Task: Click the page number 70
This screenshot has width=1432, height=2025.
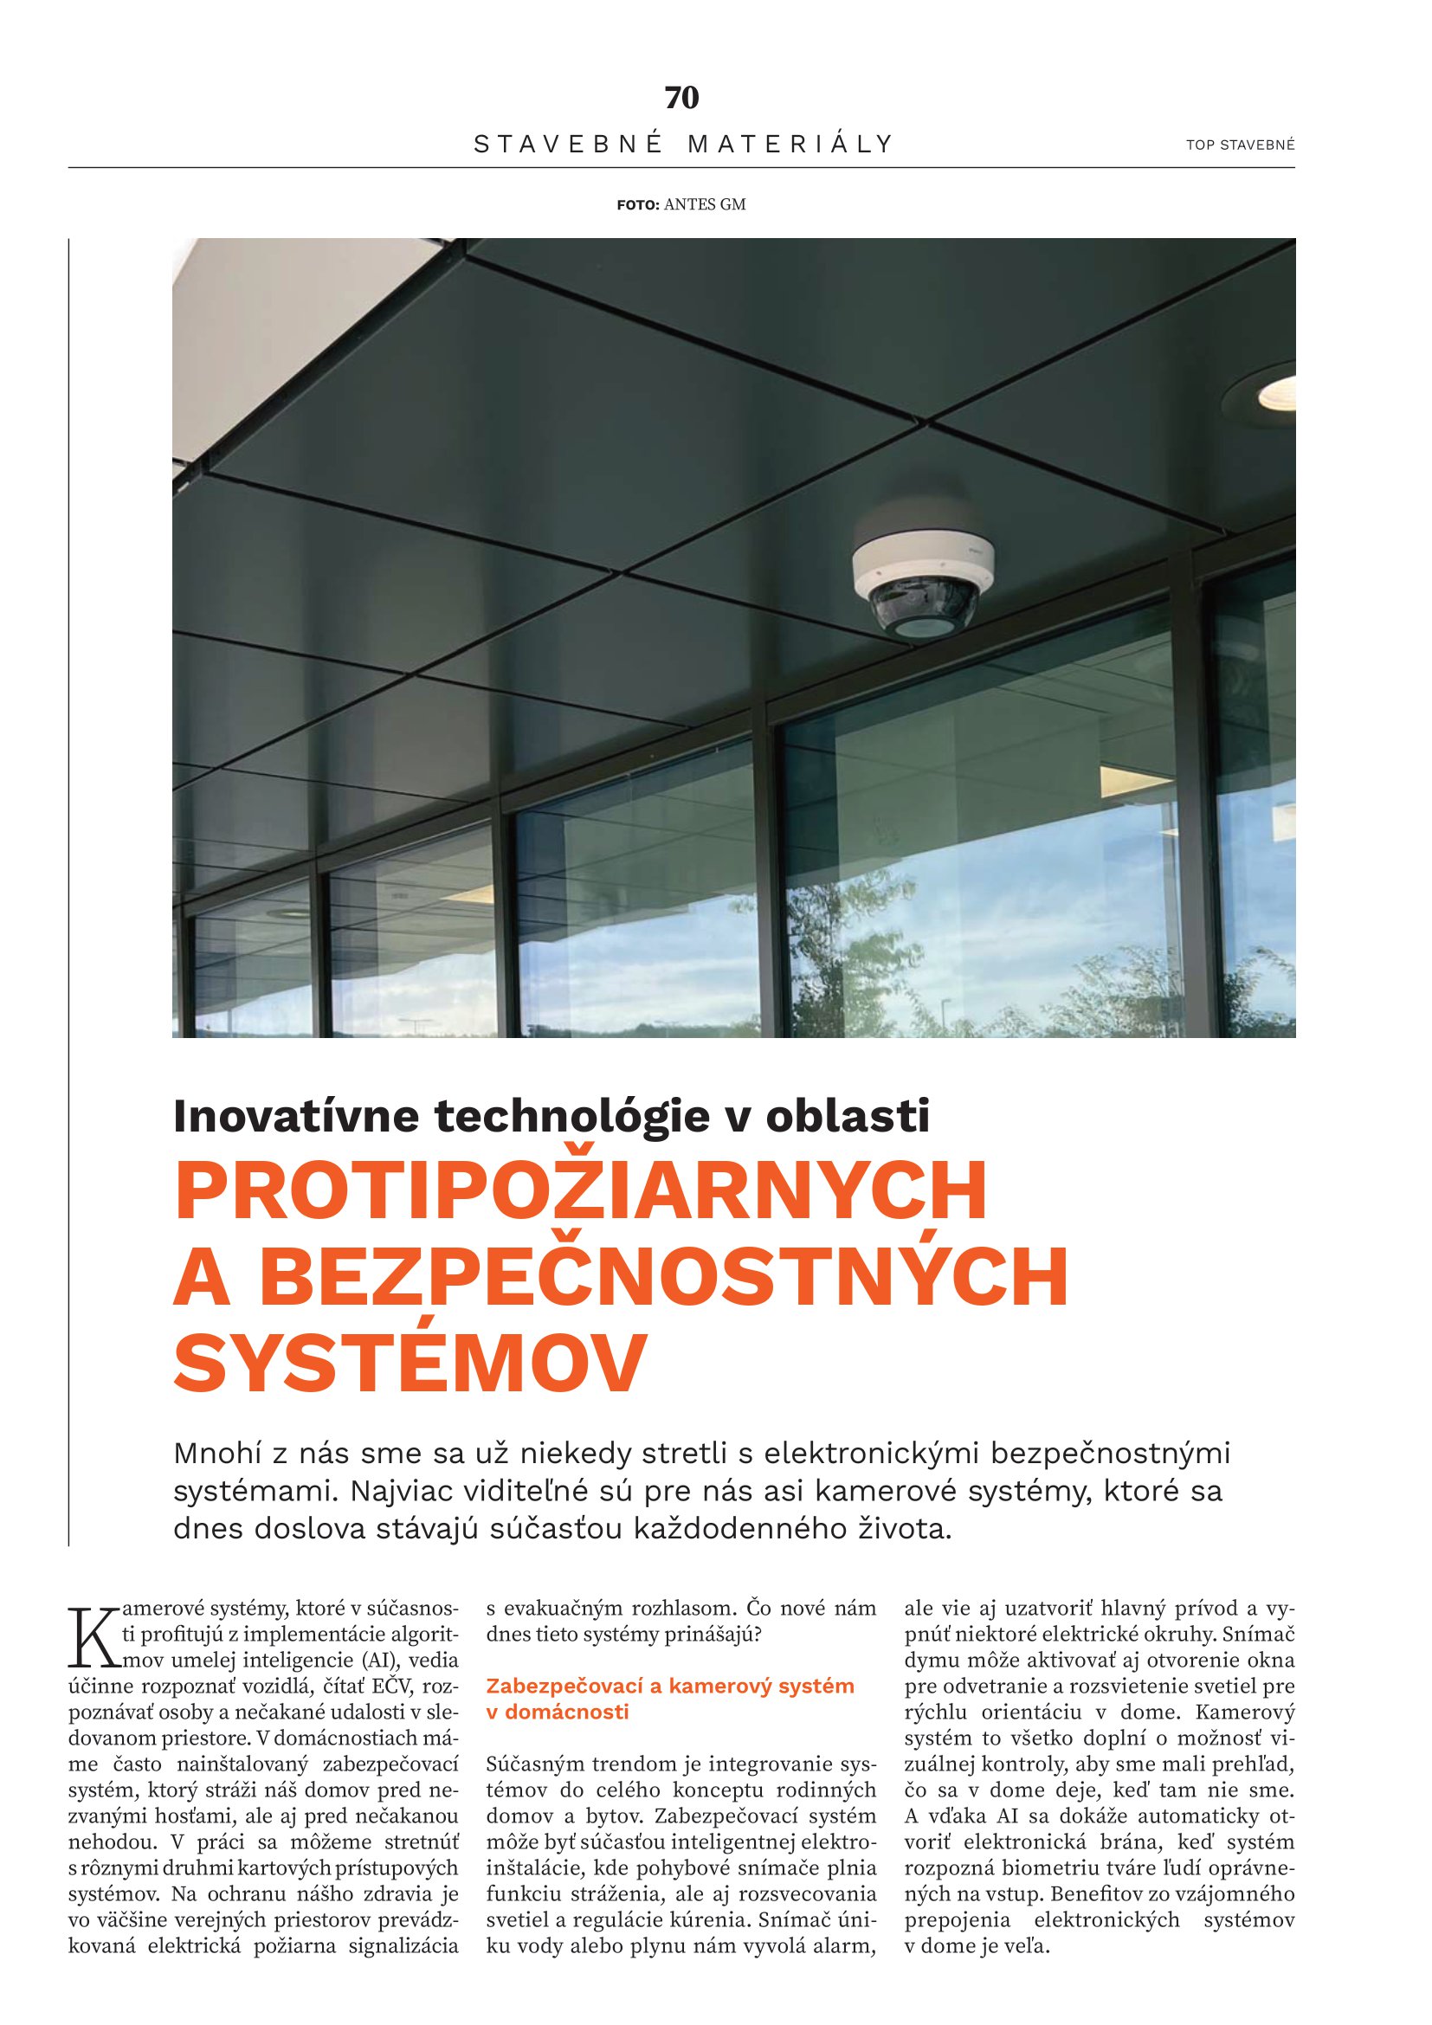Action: (681, 98)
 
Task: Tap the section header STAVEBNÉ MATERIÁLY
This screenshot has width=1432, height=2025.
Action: (683, 144)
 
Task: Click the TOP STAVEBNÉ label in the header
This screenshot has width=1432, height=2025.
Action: (1240, 145)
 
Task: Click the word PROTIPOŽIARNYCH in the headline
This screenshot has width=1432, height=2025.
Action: (581, 1191)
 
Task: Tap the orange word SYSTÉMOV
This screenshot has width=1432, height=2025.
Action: (410, 1363)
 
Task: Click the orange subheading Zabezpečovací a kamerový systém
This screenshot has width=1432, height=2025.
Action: (670, 1686)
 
